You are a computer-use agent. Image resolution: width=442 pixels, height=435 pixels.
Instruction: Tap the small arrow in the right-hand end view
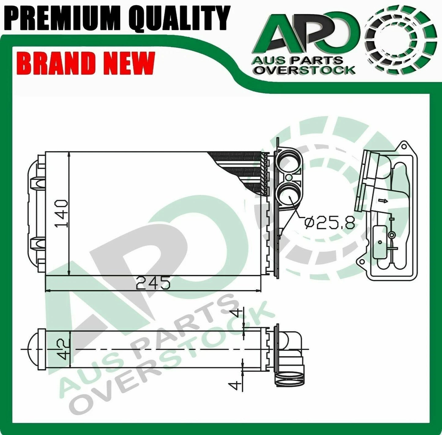coord(382,201)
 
